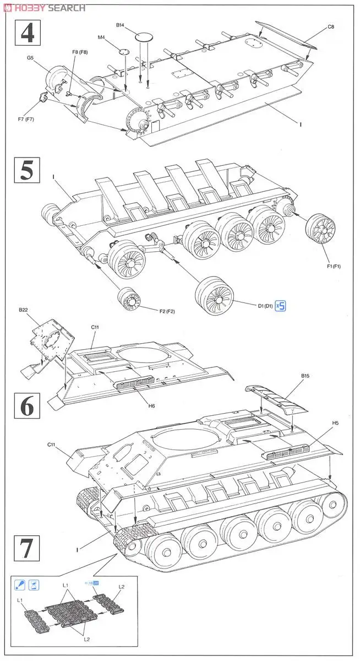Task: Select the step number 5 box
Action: pos(26,171)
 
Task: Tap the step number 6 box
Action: pos(27,406)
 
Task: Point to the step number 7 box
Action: pos(26,549)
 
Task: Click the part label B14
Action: pos(121,25)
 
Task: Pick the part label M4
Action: pos(101,37)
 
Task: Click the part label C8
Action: pos(331,27)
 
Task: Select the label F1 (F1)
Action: pos(333,267)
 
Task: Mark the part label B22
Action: pos(23,310)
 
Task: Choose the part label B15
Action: pos(306,377)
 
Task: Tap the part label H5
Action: pos(335,424)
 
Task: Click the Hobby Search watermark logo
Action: pos(44,8)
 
